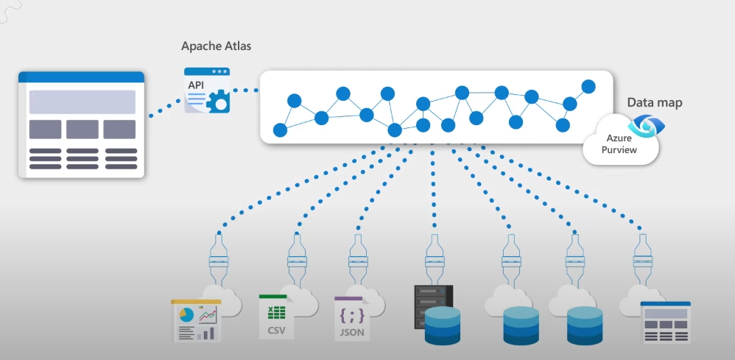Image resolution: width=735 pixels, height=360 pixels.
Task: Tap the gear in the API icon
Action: click(x=218, y=101)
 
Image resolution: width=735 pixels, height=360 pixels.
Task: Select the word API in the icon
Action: click(x=196, y=85)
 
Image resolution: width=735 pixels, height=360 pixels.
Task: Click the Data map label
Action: click(x=654, y=102)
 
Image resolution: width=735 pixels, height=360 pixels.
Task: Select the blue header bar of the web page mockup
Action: click(x=81, y=77)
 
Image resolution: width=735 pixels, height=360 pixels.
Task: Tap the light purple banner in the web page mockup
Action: click(x=82, y=102)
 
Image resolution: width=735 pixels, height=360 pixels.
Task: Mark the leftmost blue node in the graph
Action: click(x=280, y=130)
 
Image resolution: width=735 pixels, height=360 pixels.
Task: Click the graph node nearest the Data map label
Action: click(x=588, y=87)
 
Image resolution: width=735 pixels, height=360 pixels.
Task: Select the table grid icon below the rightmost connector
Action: click(x=665, y=322)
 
